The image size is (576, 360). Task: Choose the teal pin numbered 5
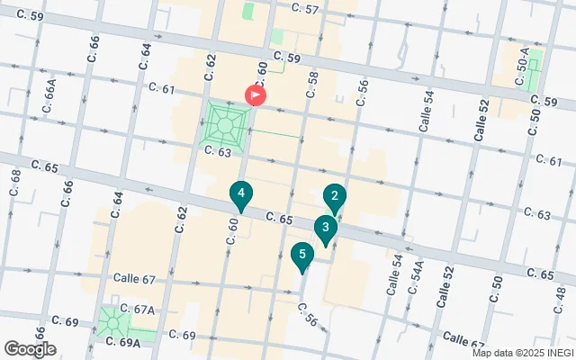coord(301,256)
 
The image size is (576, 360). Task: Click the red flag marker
coord(256,94)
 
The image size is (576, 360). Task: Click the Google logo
coord(30,348)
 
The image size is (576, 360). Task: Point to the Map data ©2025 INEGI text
coord(522,352)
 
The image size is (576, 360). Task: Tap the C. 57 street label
coord(306,8)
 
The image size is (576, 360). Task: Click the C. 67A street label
coord(138,309)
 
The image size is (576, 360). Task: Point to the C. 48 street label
coord(560,298)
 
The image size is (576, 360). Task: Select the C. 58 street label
coord(313,83)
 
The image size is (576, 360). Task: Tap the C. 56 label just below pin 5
coord(308,312)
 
